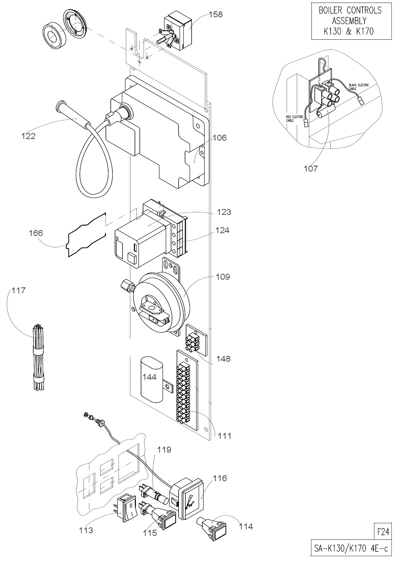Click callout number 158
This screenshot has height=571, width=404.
pyautogui.click(x=216, y=14)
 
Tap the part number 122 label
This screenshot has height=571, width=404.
pyautogui.click(x=28, y=136)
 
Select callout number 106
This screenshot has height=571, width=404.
pyautogui.click(x=220, y=138)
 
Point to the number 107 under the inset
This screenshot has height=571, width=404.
pyautogui.click(x=310, y=169)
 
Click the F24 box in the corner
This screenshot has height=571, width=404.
pyautogui.click(x=383, y=532)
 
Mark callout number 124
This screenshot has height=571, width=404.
pyautogui.click(x=222, y=230)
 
